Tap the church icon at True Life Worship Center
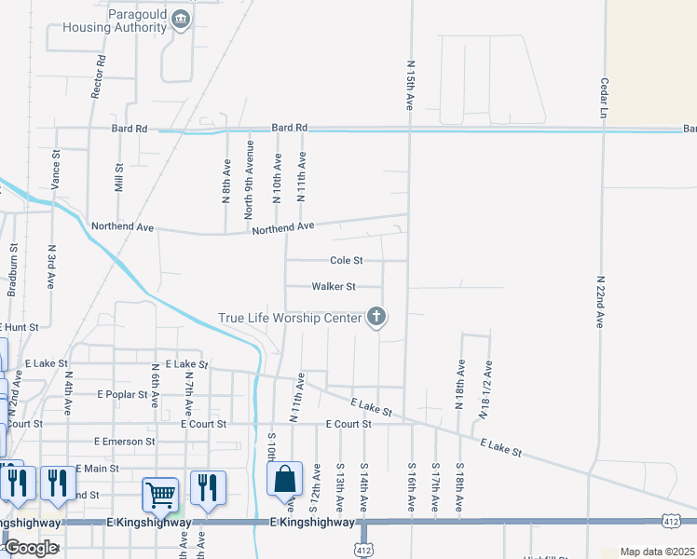(376, 318)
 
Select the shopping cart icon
(160, 494)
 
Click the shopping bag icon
(285, 480)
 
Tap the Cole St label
(346, 261)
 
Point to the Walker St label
(334, 287)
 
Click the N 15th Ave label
(410, 86)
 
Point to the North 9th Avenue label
(249, 180)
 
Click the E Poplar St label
(123, 394)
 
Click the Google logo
(30, 548)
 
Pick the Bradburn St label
(13, 270)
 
